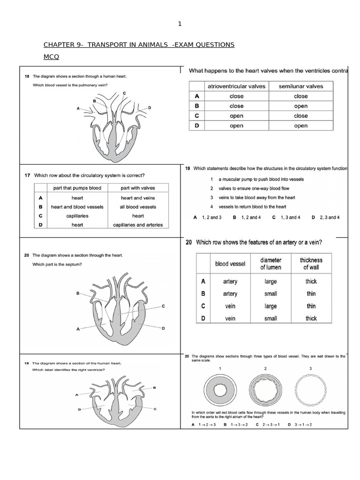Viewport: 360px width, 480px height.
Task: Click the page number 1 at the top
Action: pyautogui.click(x=180, y=24)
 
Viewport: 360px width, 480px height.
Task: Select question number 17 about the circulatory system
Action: pyautogui.click(x=27, y=175)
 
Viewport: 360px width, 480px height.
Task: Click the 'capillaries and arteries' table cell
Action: pyautogui.click(x=138, y=225)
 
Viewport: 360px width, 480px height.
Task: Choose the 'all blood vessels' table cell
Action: pyautogui.click(x=138, y=207)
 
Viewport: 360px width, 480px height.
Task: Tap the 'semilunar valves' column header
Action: pyautogui.click(x=301, y=86)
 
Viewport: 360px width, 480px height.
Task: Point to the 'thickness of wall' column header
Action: pyautogui.click(x=311, y=263)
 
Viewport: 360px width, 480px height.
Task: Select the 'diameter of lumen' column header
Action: pyautogui.click(x=271, y=263)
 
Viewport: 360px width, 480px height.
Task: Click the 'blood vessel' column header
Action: pyautogui.click(x=230, y=264)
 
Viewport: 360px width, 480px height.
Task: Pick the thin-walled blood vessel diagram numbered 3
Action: pyautogui.click(x=310, y=390)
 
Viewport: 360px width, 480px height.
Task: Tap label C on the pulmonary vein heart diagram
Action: pyautogui.click(x=124, y=93)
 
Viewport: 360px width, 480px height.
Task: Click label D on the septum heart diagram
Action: pyautogui.click(x=163, y=329)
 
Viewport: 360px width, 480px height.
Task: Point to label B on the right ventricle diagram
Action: pyautogui.click(x=154, y=388)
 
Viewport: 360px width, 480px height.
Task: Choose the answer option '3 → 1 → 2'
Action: pyautogui.click(x=302, y=425)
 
